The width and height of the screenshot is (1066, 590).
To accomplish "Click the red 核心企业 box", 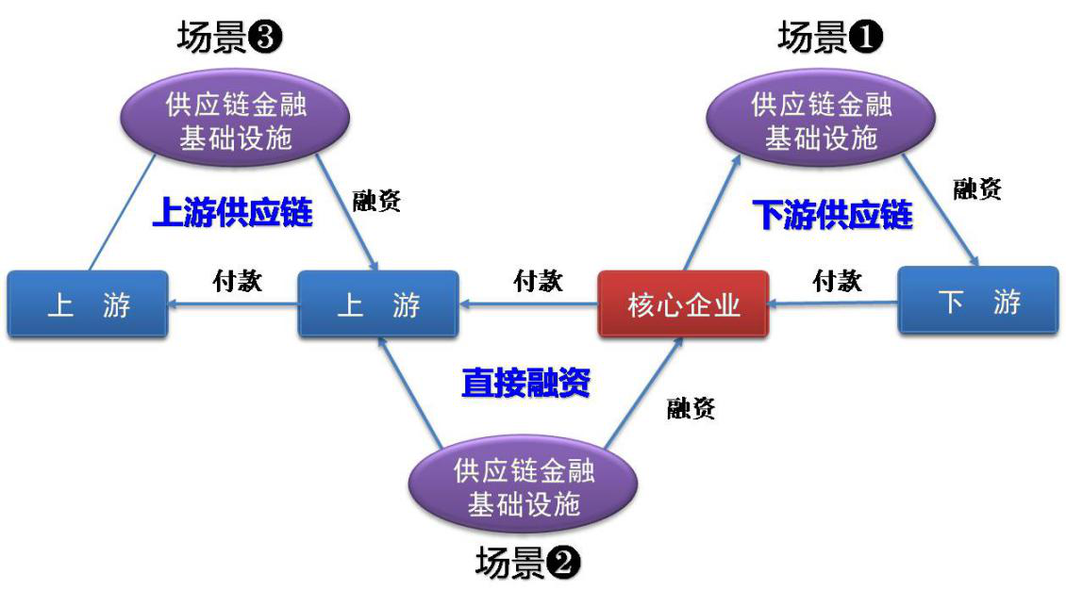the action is (x=683, y=304).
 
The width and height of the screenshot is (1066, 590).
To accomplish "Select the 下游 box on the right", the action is (x=978, y=300).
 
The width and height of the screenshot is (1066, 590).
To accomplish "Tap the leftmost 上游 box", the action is (x=88, y=304).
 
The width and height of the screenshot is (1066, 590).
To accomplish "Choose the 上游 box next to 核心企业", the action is (x=378, y=304).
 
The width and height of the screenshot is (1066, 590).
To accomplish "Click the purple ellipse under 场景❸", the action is (x=235, y=119).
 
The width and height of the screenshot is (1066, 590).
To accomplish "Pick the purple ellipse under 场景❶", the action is (x=822, y=119).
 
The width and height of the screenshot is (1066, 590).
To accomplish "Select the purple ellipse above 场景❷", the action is (x=523, y=484).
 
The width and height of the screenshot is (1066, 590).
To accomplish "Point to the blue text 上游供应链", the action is (x=232, y=212).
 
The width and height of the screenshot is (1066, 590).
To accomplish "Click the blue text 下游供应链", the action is (x=832, y=215).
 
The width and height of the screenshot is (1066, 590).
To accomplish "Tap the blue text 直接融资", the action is (x=526, y=382).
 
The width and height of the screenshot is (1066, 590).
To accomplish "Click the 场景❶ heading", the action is (x=830, y=37).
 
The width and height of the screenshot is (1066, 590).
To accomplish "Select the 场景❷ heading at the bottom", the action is (x=527, y=563).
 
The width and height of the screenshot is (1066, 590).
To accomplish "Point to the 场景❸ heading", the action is (x=230, y=37).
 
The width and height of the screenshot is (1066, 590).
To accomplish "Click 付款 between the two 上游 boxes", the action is (x=238, y=281).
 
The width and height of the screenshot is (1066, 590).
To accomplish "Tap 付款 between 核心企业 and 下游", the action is (x=838, y=281).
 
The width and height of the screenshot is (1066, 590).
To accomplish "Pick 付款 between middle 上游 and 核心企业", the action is (x=539, y=281).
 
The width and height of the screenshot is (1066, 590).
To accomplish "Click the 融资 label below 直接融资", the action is (x=691, y=408).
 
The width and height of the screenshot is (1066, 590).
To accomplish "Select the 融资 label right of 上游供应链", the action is (x=376, y=201).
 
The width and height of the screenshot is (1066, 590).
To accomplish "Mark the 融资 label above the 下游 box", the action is (x=977, y=188).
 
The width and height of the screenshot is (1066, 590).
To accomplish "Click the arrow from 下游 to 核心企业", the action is (x=834, y=303).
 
